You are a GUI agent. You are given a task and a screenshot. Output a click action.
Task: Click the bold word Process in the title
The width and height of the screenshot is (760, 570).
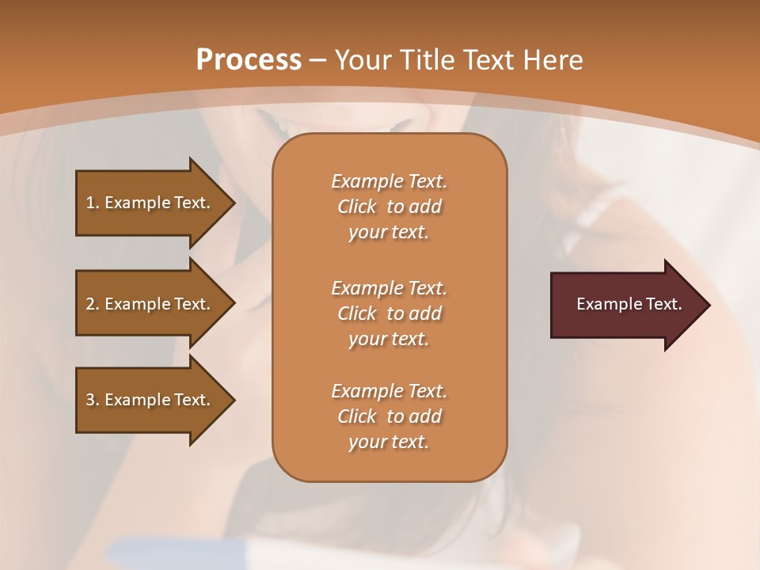pyautogui.click(x=248, y=60)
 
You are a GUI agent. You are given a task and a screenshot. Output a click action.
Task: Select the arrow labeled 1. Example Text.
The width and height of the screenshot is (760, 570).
pyautogui.click(x=150, y=203)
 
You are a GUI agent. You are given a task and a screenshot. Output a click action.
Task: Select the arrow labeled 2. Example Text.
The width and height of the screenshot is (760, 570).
pyautogui.click(x=150, y=304)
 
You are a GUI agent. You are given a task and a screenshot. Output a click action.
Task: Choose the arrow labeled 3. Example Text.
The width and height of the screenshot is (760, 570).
pyautogui.click(x=150, y=400)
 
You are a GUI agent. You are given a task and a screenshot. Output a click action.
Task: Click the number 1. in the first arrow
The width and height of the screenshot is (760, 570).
pyautogui.click(x=92, y=203)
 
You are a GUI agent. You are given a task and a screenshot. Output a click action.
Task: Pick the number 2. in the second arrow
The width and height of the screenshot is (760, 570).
pyautogui.click(x=92, y=304)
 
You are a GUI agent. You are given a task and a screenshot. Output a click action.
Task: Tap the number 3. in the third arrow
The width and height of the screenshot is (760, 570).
pyautogui.click(x=92, y=400)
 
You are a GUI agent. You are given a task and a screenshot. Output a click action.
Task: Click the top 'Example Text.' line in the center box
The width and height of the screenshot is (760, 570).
pyautogui.click(x=389, y=181)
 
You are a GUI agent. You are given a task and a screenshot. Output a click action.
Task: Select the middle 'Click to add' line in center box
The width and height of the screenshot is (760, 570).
pyautogui.click(x=389, y=313)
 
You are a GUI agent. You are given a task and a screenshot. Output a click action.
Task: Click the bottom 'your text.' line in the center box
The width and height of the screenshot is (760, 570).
pyautogui.click(x=389, y=443)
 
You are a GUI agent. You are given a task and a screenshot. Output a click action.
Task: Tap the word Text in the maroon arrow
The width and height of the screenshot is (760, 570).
pyautogui.click(x=664, y=304)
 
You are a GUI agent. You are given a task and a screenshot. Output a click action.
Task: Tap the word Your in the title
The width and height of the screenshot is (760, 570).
pyautogui.click(x=362, y=60)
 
